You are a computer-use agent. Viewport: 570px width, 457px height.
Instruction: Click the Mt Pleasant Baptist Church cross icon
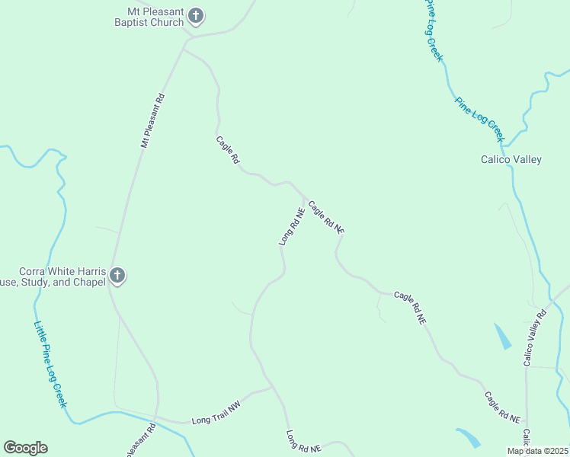coord(196,15)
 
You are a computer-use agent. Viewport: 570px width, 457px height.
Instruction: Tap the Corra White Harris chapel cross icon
coord(117,276)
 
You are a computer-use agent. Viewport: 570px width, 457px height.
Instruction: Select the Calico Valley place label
coord(511,160)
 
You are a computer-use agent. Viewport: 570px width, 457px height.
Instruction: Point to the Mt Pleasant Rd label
coord(152,120)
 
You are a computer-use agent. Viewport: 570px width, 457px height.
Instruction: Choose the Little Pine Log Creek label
coord(50,363)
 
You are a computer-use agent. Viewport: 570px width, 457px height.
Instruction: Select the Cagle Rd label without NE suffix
coord(228,150)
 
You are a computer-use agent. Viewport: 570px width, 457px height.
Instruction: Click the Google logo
coord(25,448)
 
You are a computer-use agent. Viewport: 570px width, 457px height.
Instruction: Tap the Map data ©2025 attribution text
coord(536,451)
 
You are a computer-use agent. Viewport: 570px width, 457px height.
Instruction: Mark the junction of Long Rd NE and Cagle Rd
coord(305,197)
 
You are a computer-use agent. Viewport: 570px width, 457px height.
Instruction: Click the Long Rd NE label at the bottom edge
coord(303,443)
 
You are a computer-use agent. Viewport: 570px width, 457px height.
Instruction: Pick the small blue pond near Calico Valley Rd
coord(502,336)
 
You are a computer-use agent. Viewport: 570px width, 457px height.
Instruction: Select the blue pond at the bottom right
coord(469,437)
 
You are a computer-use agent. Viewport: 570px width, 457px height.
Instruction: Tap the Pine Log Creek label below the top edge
coord(479,118)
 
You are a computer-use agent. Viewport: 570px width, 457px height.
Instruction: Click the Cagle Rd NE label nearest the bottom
coord(502,408)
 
